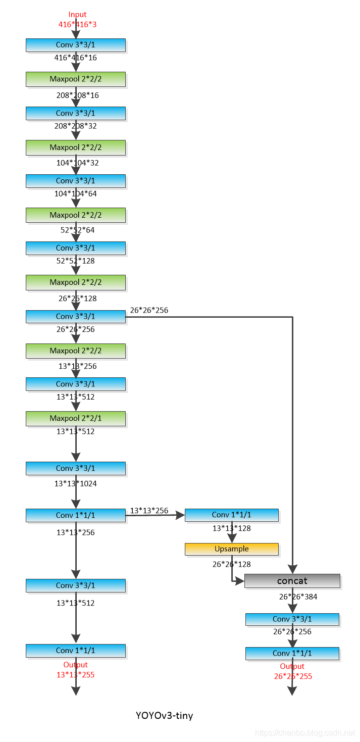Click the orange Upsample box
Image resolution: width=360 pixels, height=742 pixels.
[231, 549]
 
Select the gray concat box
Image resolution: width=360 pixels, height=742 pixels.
[292, 581]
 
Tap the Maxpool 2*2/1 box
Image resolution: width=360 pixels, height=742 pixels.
[76, 418]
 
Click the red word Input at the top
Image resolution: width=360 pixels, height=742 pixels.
[78, 14]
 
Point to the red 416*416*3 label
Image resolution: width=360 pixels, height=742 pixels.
[78, 24]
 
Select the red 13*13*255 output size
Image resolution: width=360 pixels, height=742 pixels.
[76, 674]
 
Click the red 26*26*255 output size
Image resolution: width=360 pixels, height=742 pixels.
[293, 676]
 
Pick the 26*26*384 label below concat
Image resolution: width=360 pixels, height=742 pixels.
[298, 597]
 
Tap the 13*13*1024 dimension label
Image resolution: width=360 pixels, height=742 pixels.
[76, 483]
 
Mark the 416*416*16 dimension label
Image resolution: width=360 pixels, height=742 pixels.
[76, 58]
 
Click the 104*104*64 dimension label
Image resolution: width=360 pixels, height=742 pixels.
[76, 193]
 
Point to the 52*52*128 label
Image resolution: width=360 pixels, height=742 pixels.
[76, 261]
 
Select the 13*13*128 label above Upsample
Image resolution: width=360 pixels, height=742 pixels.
[232, 528]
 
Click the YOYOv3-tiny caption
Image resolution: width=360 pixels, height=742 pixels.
[164, 715]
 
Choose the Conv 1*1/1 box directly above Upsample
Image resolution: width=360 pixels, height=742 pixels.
[231, 515]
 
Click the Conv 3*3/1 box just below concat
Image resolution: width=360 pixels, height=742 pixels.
[292, 619]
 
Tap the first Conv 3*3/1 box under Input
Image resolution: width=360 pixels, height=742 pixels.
[76, 45]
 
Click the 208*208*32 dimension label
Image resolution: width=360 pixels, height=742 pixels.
[76, 126]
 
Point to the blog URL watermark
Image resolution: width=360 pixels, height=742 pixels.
[305, 732]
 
